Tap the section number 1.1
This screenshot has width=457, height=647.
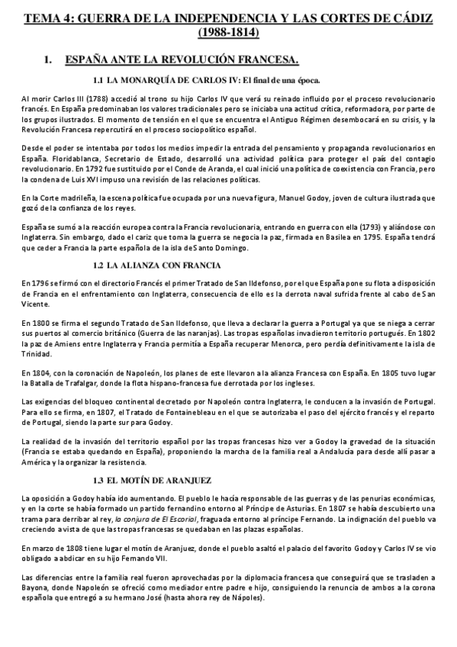click(x=98, y=79)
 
